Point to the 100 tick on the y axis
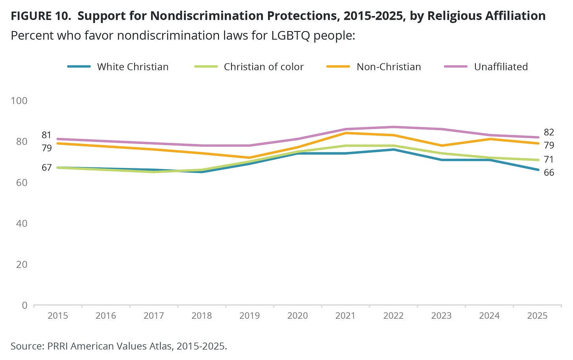click(x=19, y=101)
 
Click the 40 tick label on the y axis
click(x=22, y=223)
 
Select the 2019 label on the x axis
click(x=250, y=316)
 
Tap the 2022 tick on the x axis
click(x=393, y=316)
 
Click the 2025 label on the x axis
click(x=537, y=316)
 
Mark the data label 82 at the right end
click(x=549, y=132)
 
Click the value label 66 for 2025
click(x=549, y=173)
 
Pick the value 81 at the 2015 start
click(x=46, y=135)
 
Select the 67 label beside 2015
click(x=46, y=168)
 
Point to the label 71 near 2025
click(x=549, y=160)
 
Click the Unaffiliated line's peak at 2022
click(x=393, y=127)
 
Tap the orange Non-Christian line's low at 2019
click(x=250, y=158)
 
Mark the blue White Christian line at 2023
click(x=441, y=160)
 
